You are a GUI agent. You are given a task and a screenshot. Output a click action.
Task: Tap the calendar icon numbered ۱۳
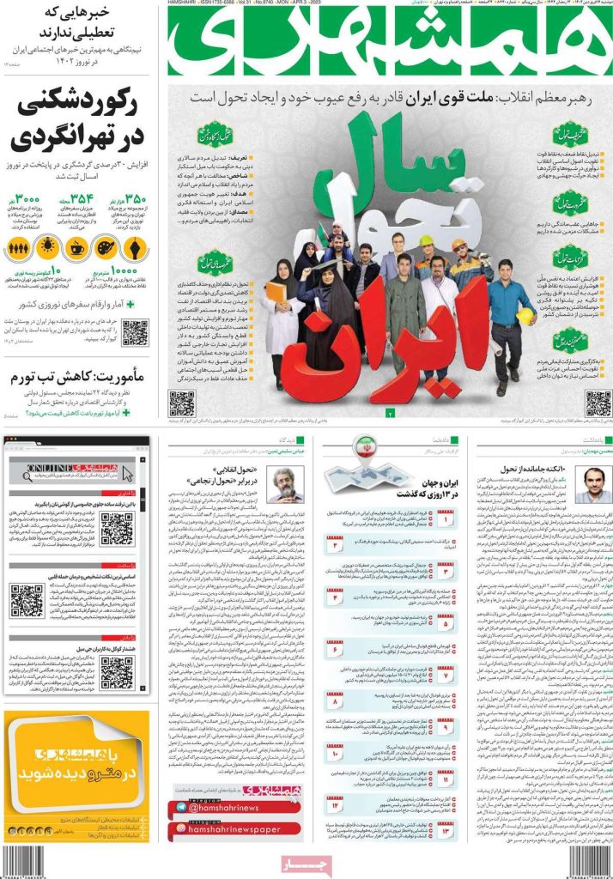click(x=446, y=832)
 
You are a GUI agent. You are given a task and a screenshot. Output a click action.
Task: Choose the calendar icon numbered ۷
click(x=446, y=676)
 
